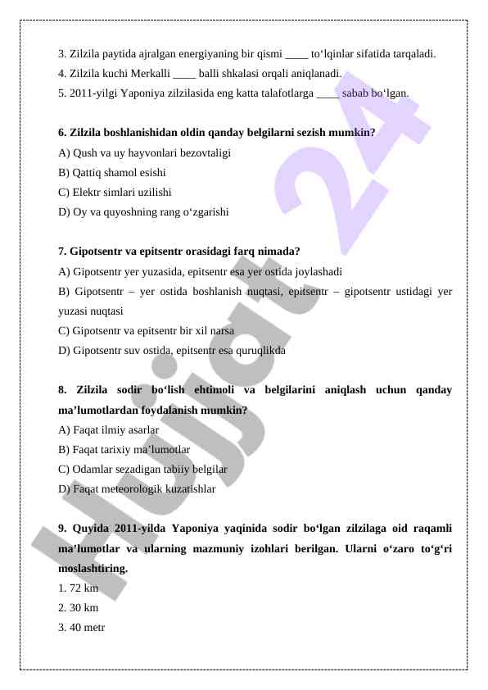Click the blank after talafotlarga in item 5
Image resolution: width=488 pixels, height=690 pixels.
click(x=327, y=93)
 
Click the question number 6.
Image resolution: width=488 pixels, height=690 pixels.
click(x=63, y=133)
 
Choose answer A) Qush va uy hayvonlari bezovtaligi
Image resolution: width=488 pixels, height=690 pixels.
click(x=144, y=152)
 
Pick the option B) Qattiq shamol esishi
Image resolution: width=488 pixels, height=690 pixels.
click(x=112, y=172)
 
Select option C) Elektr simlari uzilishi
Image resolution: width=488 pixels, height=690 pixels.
click(x=115, y=192)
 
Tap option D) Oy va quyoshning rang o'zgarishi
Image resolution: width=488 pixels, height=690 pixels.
click(x=144, y=211)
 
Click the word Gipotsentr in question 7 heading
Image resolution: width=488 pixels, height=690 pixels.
click(x=97, y=251)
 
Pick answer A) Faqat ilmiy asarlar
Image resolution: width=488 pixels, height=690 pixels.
click(x=109, y=429)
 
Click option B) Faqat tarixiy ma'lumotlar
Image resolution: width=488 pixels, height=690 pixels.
click(x=124, y=449)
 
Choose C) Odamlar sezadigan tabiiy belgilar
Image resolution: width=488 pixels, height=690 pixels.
click(x=142, y=469)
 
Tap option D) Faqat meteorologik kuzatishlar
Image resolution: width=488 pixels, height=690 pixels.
click(x=138, y=488)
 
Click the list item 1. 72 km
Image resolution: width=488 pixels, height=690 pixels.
click(x=79, y=588)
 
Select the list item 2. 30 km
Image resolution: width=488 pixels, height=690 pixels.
click(x=79, y=608)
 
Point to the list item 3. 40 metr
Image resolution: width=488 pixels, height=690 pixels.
click(x=82, y=628)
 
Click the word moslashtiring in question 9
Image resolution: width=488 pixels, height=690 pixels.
click(x=92, y=568)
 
